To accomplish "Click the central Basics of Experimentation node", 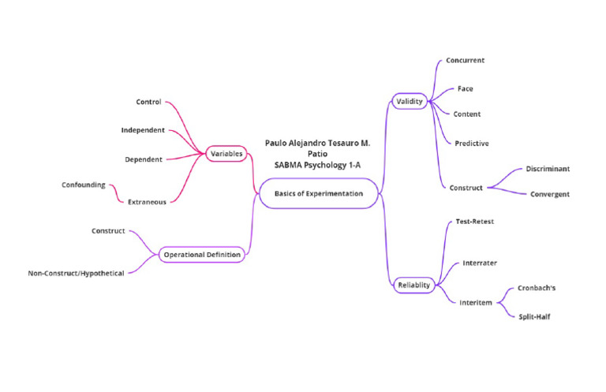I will pos(319,193).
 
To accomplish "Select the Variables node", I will pos(226,153).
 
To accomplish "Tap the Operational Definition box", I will pos(202,255).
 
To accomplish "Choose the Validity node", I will pos(410,101).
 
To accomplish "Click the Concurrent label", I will pos(465,60).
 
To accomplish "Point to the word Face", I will pos(465,88).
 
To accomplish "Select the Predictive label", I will pos(471,144).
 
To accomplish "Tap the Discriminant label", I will pos(548,169).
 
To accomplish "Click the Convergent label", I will pos(549,194).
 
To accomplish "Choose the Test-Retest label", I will pos(475,222).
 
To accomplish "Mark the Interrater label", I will pos(480,262).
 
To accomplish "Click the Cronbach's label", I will pos(537,288).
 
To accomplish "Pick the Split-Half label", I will pos(535,316).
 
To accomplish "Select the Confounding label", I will pos(84,185).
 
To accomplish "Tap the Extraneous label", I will pos(147,202).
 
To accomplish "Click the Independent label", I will pos(143,130).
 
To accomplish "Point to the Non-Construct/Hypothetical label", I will pos(76,273).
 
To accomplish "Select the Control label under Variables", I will pos(148,102).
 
